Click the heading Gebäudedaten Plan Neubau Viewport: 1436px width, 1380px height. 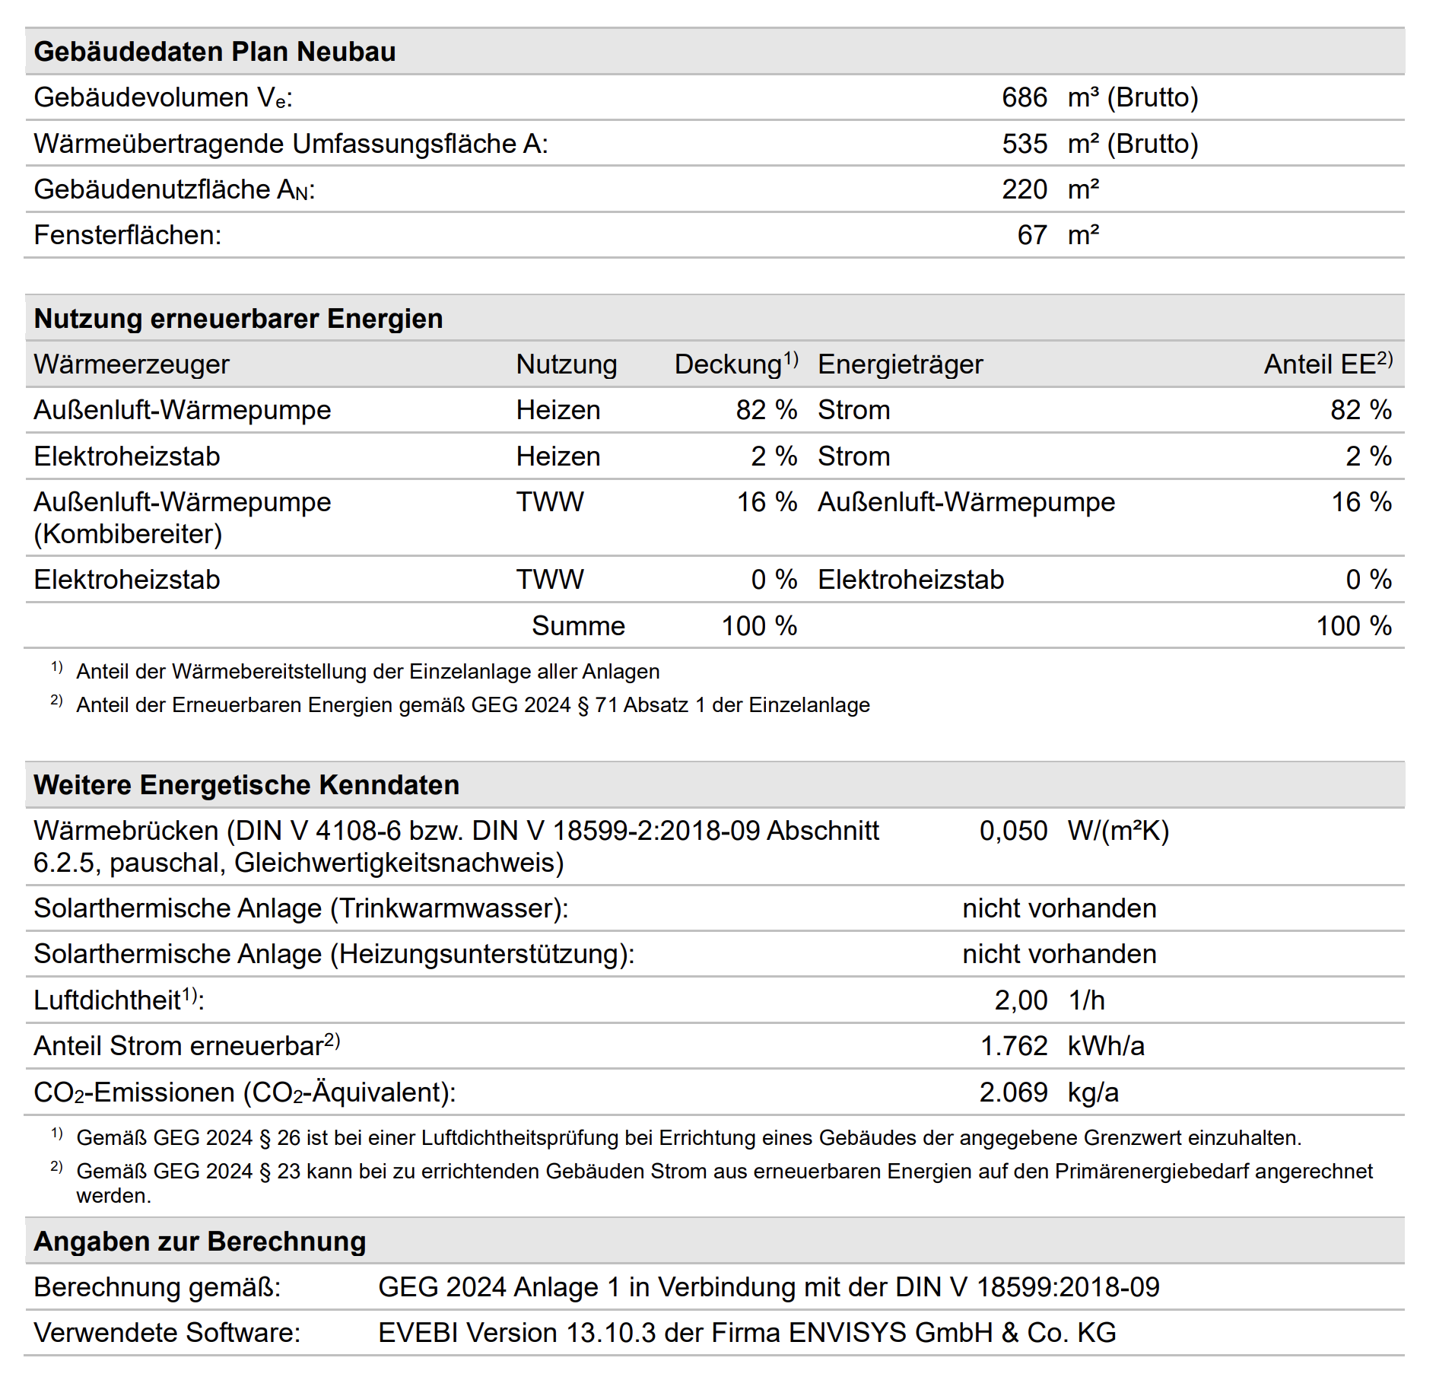click(x=214, y=52)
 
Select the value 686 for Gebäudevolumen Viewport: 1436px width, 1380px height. click(x=1024, y=97)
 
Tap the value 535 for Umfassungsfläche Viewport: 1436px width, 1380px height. click(x=1024, y=144)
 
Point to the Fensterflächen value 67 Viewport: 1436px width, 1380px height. click(x=1032, y=235)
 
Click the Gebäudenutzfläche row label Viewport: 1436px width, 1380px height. click(x=174, y=189)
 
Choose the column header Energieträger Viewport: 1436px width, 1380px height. click(x=900, y=364)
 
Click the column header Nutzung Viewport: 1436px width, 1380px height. click(x=566, y=364)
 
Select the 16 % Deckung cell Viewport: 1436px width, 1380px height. click(x=766, y=502)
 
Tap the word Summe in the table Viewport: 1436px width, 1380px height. click(x=578, y=626)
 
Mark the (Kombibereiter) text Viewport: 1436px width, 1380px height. click(x=128, y=534)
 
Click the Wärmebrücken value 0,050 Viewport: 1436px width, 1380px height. click(x=1013, y=831)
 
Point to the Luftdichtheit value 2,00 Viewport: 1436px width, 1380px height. click(x=1021, y=1000)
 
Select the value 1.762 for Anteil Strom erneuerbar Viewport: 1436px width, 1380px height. click(x=1014, y=1046)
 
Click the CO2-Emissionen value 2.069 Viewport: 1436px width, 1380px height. click(x=1013, y=1092)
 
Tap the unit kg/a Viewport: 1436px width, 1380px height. click(x=1093, y=1092)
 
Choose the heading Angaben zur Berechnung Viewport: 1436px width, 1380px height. click(x=199, y=1242)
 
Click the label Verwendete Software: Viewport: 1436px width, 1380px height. click(x=167, y=1333)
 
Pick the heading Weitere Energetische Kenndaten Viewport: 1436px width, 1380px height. click(x=246, y=785)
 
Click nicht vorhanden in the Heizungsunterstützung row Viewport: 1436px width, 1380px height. click(x=1059, y=954)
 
